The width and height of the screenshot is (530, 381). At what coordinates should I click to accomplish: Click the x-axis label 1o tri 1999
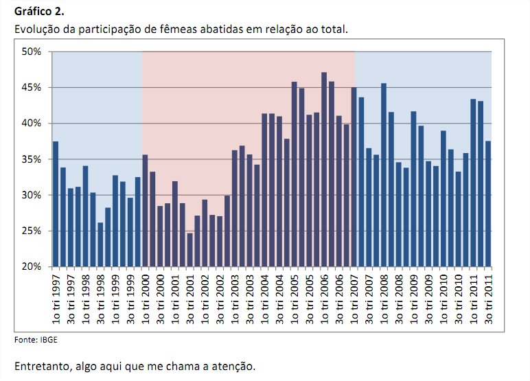[115, 299]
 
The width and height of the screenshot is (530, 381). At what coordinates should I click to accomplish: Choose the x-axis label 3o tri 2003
[250, 299]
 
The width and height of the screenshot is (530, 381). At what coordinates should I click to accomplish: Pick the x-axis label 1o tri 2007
[354, 299]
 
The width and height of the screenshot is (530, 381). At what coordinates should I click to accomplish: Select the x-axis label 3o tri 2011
[489, 299]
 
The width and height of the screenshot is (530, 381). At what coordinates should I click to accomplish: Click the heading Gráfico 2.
[38, 12]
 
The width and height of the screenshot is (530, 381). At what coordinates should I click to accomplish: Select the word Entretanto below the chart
[41, 365]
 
